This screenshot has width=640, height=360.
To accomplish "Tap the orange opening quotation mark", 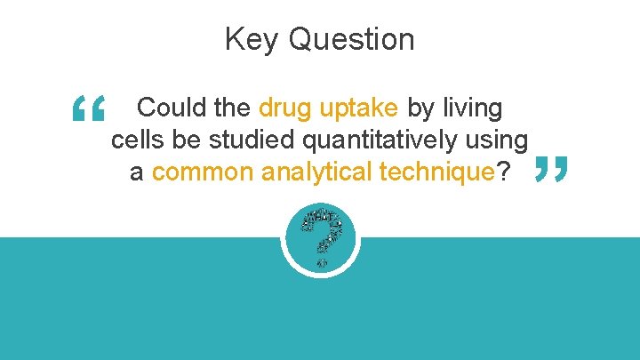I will tap(89, 111).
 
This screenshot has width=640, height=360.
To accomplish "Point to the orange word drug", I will tap(285, 109).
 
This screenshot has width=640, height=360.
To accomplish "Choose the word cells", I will tap(135, 140).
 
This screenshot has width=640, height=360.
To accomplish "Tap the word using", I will tap(499, 141).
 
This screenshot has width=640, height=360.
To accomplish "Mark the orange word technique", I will tap(436, 172).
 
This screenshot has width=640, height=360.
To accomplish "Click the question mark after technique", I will tap(504, 172).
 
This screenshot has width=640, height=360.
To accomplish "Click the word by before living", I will tap(420, 109).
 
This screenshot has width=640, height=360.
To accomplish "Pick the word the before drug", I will tap(234, 108).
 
